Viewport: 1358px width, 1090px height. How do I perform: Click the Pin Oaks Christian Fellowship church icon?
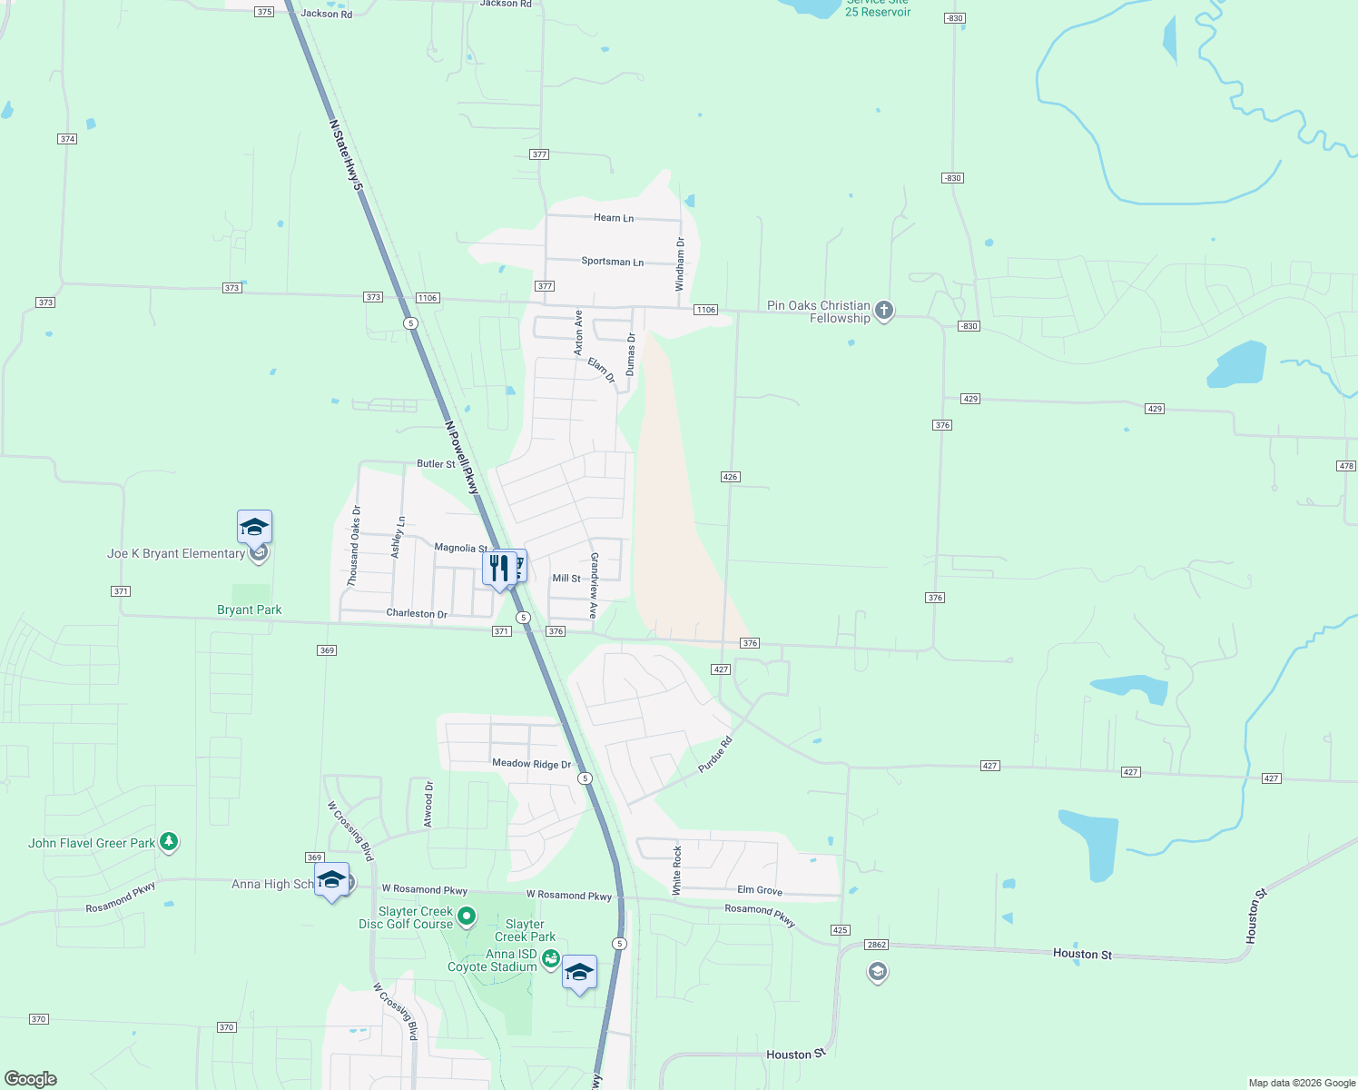pos(884,312)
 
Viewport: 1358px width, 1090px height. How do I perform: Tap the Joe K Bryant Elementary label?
pos(176,553)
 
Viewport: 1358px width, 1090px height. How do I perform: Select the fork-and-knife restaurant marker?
pos(498,569)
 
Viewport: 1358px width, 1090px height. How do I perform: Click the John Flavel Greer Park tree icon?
pos(169,842)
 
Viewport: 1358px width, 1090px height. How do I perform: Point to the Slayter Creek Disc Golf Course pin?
pos(467,917)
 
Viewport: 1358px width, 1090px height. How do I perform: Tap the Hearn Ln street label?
pos(614,218)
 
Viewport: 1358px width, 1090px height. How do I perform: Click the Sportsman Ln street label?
pos(612,262)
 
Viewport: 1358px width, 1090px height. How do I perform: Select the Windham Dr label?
pos(680,264)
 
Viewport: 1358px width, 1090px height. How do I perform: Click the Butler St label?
pos(436,464)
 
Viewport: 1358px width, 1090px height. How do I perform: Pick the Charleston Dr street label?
pos(417,614)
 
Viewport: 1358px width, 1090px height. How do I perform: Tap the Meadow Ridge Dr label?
pos(532,764)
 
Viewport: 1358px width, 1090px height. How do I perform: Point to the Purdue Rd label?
pos(714,756)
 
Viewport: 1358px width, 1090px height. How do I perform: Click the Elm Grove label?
pos(760,891)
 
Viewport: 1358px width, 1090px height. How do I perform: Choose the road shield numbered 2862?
pos(876,945)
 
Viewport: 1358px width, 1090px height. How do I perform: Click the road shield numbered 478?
pos(1346,466)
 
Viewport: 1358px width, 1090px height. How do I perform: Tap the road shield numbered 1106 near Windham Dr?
pos(706,310)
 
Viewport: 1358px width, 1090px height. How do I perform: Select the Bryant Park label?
pos(250,610)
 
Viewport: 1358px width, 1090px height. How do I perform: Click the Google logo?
pos(31,1079)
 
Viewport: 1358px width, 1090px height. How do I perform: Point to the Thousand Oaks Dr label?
pos(354,546)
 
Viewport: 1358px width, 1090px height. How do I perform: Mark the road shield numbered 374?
pos(67,139)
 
